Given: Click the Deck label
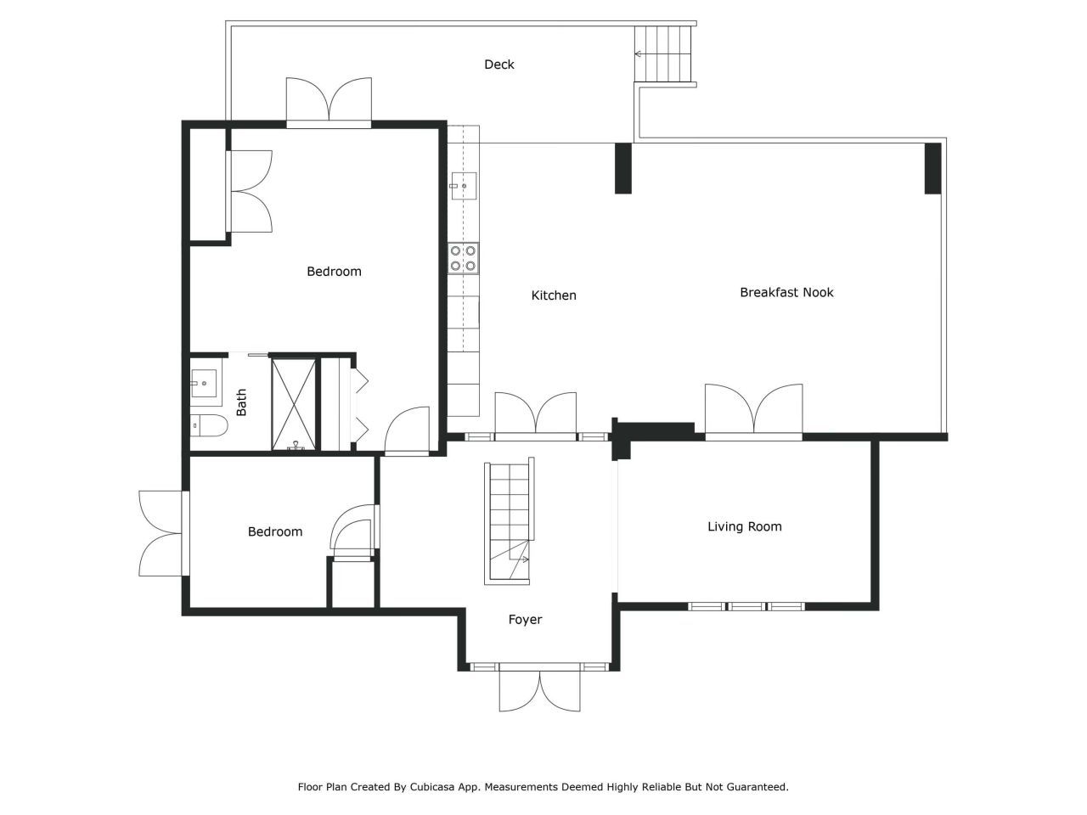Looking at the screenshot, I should (498, 65).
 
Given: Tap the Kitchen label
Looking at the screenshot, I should (554, 295).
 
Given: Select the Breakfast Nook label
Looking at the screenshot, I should (786, 292).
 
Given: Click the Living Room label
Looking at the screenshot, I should (744, 526).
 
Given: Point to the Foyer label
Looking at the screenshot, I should (525, 620).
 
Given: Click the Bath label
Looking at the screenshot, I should (241, 402).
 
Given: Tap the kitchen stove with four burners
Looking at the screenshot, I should (464, 258).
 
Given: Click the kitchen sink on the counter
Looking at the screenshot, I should (464, 185).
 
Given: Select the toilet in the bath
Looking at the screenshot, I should (207, 425).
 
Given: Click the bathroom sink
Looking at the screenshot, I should (204, 383).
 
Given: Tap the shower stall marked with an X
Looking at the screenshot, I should (294, 404).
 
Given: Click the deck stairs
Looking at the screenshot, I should (664, 54).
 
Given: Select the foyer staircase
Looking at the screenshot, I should (508, 521).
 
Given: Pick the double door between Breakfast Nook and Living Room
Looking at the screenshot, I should (753, 412).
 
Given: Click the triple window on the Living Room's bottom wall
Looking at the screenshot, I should (745, 606).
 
